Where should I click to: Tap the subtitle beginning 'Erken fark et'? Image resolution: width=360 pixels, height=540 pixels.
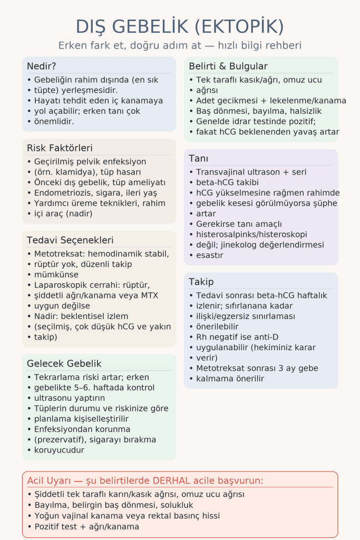(x=180, y=45)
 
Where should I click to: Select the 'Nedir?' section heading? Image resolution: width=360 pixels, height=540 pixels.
(x=42, y=66)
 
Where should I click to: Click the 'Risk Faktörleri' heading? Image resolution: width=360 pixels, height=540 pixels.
(x=60, y=148)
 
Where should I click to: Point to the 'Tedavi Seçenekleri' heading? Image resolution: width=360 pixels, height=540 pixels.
(x=70, y=240)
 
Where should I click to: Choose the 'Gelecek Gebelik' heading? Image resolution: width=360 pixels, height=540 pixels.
(x=64, y=364)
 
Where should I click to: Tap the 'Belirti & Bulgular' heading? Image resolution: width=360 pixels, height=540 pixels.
(x=228, y=66)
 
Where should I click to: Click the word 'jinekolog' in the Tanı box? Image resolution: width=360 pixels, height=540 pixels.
(x=237, y=245)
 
